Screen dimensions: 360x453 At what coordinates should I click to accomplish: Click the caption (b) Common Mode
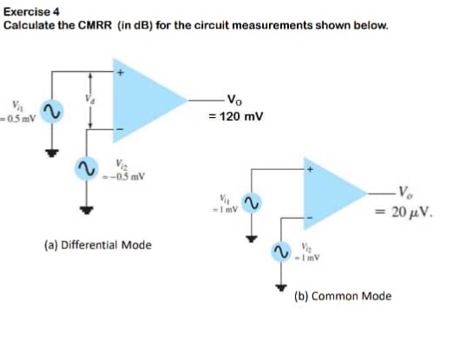[x=342, y=296]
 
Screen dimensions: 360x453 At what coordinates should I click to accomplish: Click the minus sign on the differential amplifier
[x=120, y=132]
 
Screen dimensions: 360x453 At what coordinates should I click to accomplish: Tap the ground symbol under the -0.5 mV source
[x=86, y=207]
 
